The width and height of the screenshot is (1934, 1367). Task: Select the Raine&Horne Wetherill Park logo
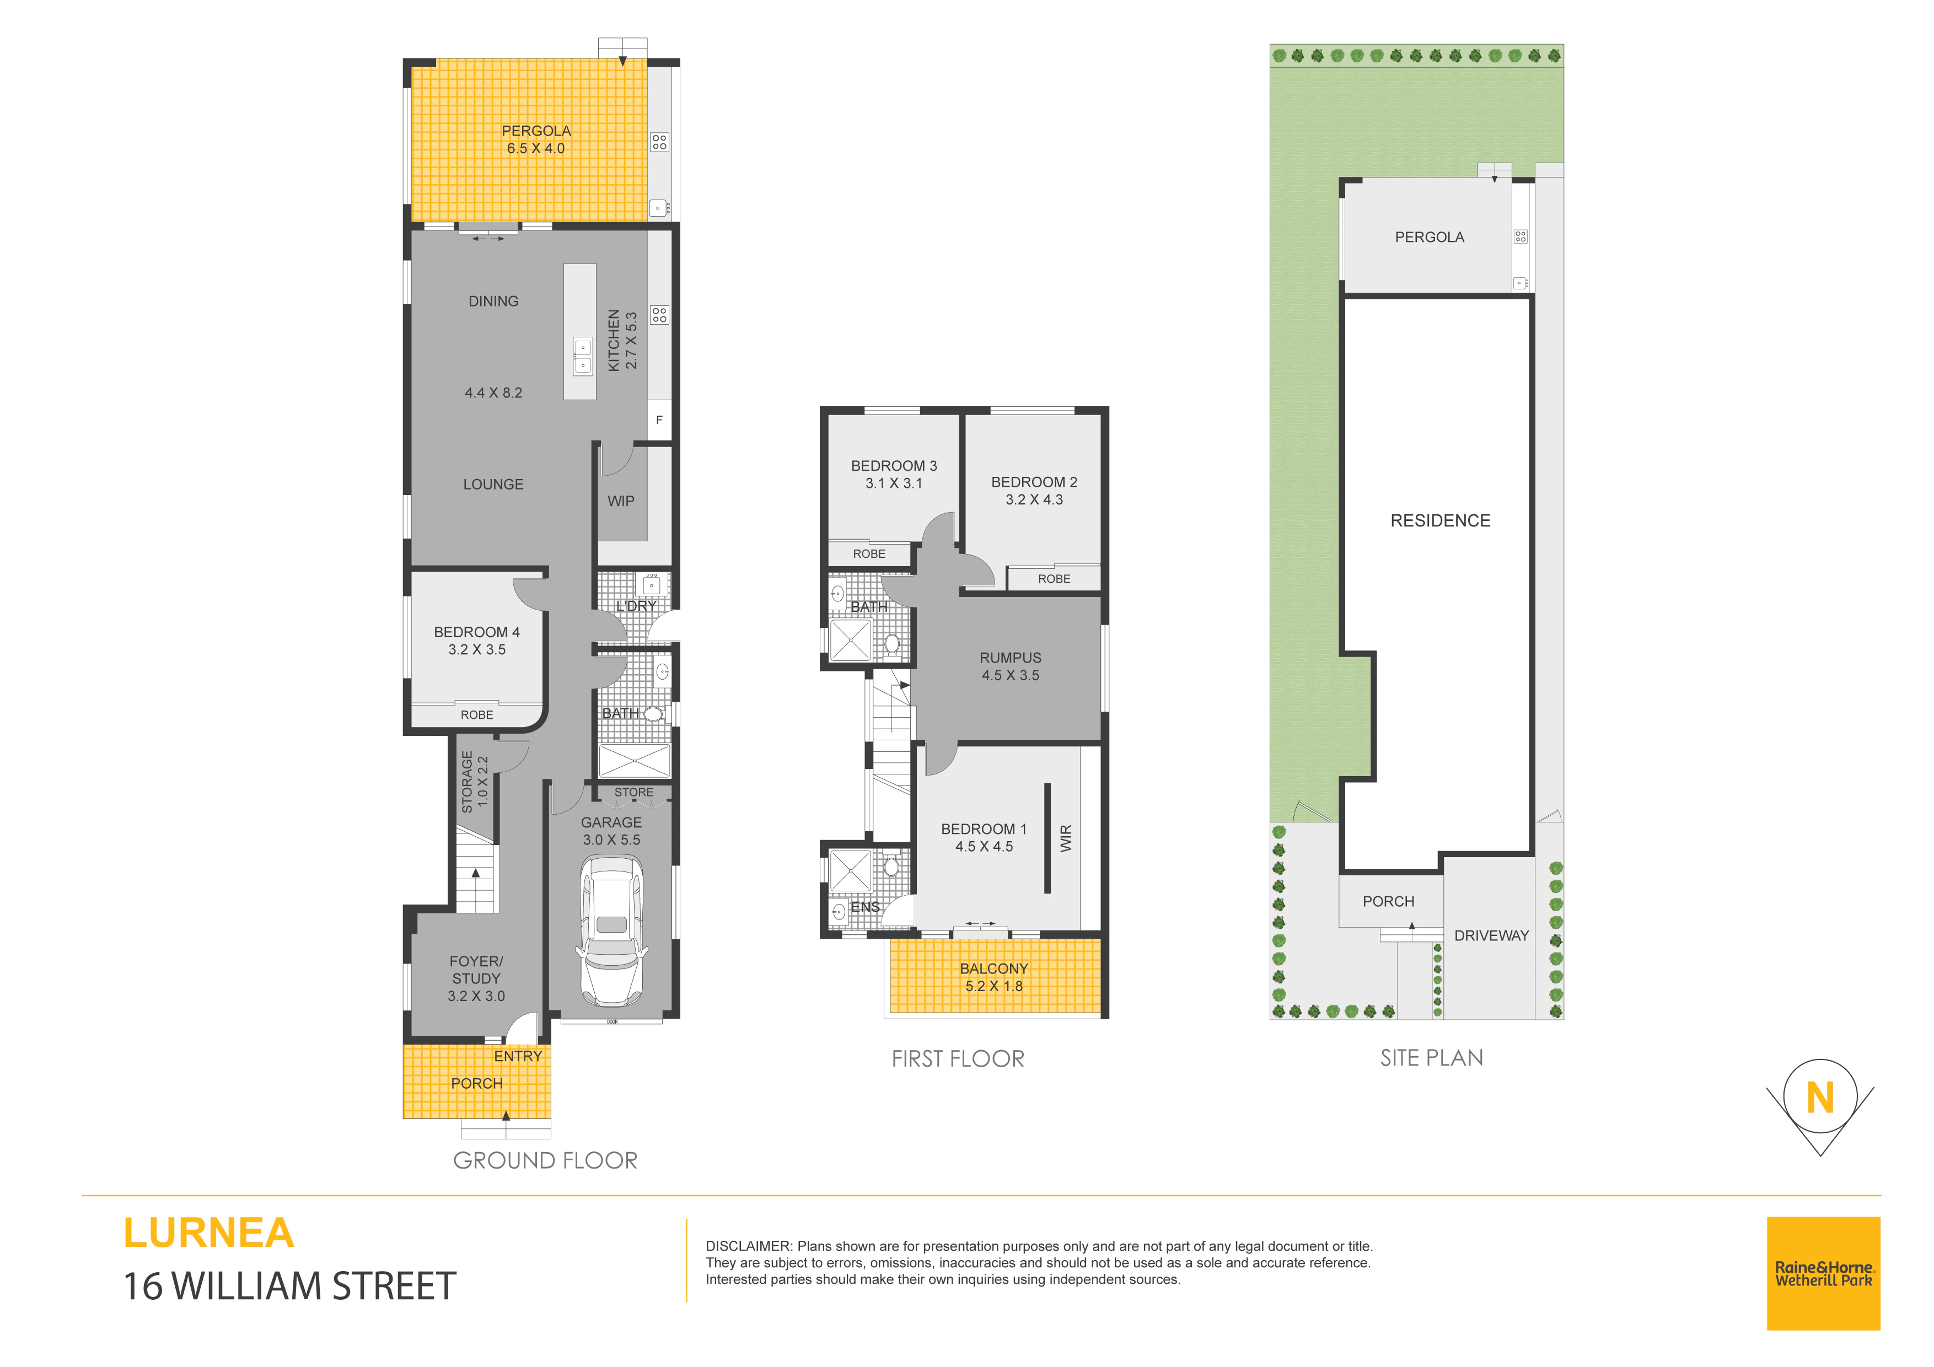1824,1273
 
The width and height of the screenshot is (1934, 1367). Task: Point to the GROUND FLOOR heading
545,1161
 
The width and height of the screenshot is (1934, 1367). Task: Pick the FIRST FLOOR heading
958,1059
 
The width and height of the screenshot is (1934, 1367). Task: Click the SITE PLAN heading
1432,1058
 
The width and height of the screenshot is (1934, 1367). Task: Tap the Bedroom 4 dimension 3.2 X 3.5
477,649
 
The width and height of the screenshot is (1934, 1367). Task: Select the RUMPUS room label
1010,658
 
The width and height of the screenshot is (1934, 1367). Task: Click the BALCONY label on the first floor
994,968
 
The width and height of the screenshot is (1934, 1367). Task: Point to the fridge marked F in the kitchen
659,419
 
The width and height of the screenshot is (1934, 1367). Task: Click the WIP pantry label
621,501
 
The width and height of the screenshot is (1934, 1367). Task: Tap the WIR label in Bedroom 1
1066,838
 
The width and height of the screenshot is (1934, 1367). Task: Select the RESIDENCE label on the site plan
1441,520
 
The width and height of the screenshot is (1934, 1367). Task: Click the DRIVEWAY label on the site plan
1491,936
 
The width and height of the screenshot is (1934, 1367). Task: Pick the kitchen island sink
582,356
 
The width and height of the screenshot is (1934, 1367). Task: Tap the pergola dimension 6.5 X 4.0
536,148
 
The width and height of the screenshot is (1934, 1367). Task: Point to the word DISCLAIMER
748,1246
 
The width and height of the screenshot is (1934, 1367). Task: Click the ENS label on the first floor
865,907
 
